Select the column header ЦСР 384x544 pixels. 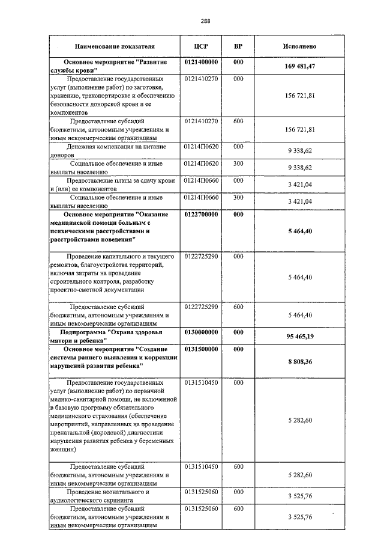pyautogui.click(x=201, y=46)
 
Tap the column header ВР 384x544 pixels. pyautogui.click(x=238, y=46)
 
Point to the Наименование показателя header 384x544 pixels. pyautogui.click(x=115, y=46)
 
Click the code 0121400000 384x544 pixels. pyautogui.click(x=201, y=62)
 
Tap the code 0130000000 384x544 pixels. pyautogui.click(x=201, y=332)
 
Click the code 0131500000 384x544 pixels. pyautogui.click(x=201, y=349)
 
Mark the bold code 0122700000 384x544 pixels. pyautogui.click(x=201, y=214)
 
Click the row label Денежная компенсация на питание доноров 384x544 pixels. pyautogui.click(x=114, y=150)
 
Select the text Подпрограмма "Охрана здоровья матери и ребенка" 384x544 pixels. pyautogui.click(x=114, y=336)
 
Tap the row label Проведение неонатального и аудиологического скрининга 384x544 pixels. pyautogui.click(x=114, y=495)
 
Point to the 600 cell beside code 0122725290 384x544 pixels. pyautogui.click(x=238, y=307)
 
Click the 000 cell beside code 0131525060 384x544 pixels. pyautogui.click(x=238, y=492)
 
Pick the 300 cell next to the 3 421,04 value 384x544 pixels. pyautogui.click(x=238, y=197)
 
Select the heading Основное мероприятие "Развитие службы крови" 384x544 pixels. pyautogui.click(x=114, y=66)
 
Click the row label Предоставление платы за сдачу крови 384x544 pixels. pyautogui.click(x=114, y=184)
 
